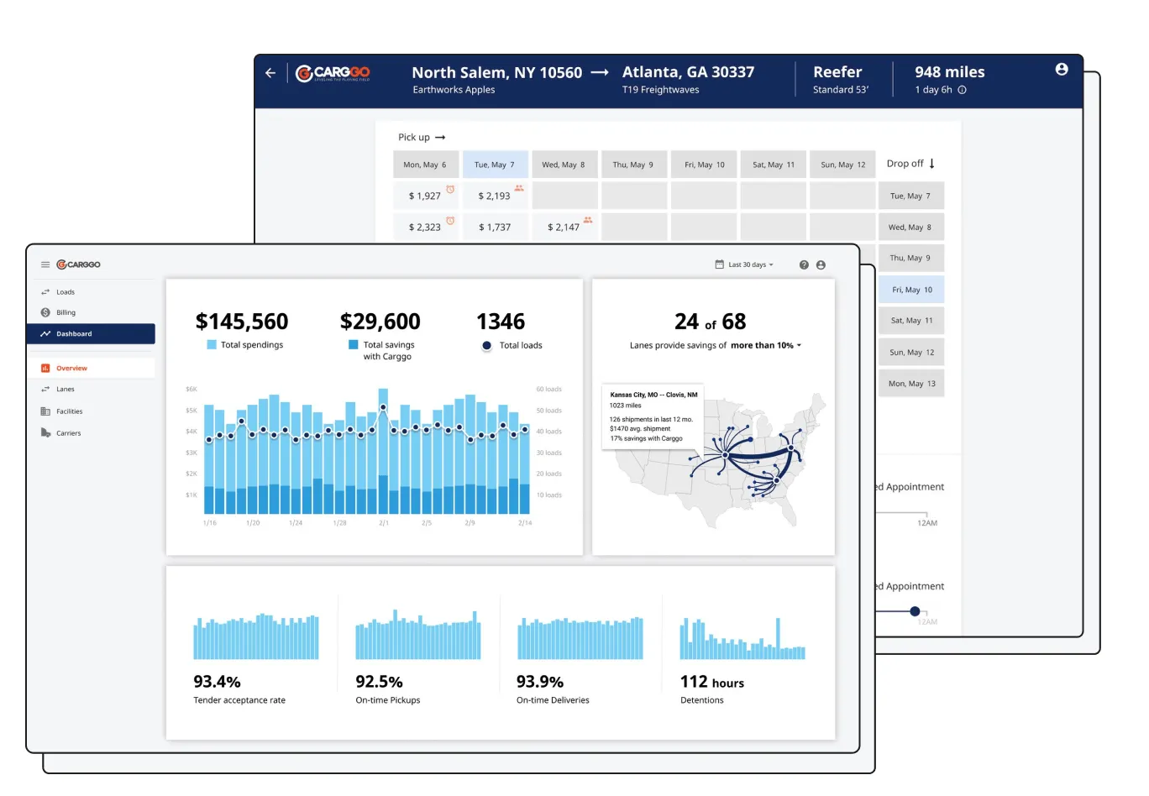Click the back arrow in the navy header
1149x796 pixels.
coord(270,73)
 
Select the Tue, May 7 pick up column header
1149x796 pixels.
coord(495,165)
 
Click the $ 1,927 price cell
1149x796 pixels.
coord(425,196)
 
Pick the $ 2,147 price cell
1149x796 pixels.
coord(564,227)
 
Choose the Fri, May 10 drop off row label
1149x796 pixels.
coord(911,290)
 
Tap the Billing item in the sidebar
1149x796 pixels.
coord(66,312)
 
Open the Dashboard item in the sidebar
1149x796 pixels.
coord(74,334)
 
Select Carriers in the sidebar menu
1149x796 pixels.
coord(68,433)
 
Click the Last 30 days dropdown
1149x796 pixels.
coord(745,264)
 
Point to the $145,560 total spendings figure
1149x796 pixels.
coord(242,322)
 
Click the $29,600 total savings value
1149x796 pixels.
coord(380,322)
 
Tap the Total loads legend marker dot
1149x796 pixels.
coord(486,346)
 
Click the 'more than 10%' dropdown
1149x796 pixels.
coord(765,345)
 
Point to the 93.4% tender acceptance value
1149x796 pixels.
coord(217,682)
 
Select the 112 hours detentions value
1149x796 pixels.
coord(711,682)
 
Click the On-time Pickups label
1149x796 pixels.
coord(387,700)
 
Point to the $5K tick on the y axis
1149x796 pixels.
coord(191,411)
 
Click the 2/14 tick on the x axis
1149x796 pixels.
coord(525,523)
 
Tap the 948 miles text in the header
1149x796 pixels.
coord(949,72)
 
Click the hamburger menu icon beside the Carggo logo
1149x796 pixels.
coord(45,264)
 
